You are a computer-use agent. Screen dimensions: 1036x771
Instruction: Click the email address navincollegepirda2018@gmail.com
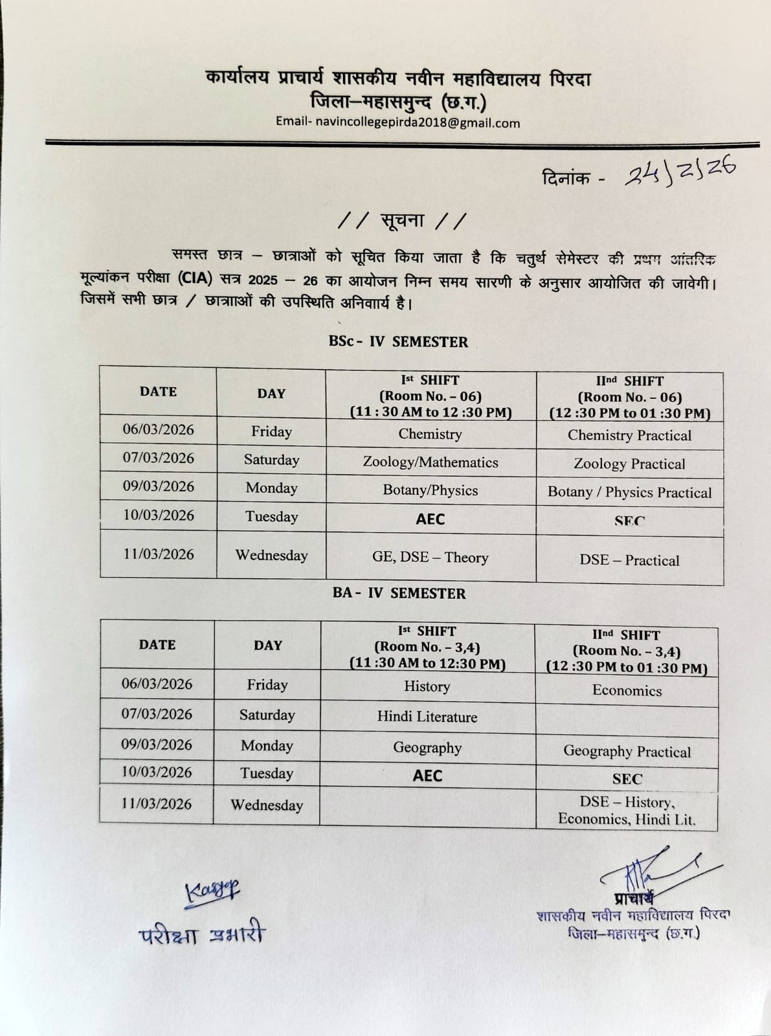tap(418, 123)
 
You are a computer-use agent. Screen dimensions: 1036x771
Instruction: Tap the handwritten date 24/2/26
tap(680, 172)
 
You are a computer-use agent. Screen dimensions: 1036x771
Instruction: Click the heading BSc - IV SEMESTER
tap(397, 341)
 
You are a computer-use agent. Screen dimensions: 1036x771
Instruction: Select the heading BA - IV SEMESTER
tap(399, 593)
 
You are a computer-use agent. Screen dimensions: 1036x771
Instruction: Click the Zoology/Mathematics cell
tap(430, 462)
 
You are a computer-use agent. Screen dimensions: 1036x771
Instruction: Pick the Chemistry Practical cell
tap(629, 435)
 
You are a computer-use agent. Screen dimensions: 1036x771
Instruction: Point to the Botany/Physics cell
tap(430, 490)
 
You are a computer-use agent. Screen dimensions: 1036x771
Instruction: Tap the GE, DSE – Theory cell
tap(430, 557)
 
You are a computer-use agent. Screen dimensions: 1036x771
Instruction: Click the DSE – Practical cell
tap(629, 560)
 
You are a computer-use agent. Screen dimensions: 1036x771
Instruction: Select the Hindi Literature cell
tap(427, 717)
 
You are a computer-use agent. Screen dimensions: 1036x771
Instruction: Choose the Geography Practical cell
tap(627, 751)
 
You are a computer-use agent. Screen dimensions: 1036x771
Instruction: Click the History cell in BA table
tap(427, 686)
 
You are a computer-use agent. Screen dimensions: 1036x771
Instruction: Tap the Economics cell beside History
tap(627, 690)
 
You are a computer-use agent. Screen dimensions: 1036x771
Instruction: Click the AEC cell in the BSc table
tap(430, 519)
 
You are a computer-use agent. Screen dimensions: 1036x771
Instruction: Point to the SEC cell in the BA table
tap(627, 779)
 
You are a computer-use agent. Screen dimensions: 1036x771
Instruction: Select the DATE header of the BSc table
tap(158, 392)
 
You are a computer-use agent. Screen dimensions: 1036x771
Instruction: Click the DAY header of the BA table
tap(267, 645)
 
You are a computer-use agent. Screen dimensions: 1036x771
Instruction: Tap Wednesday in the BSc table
tap(271, 555)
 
